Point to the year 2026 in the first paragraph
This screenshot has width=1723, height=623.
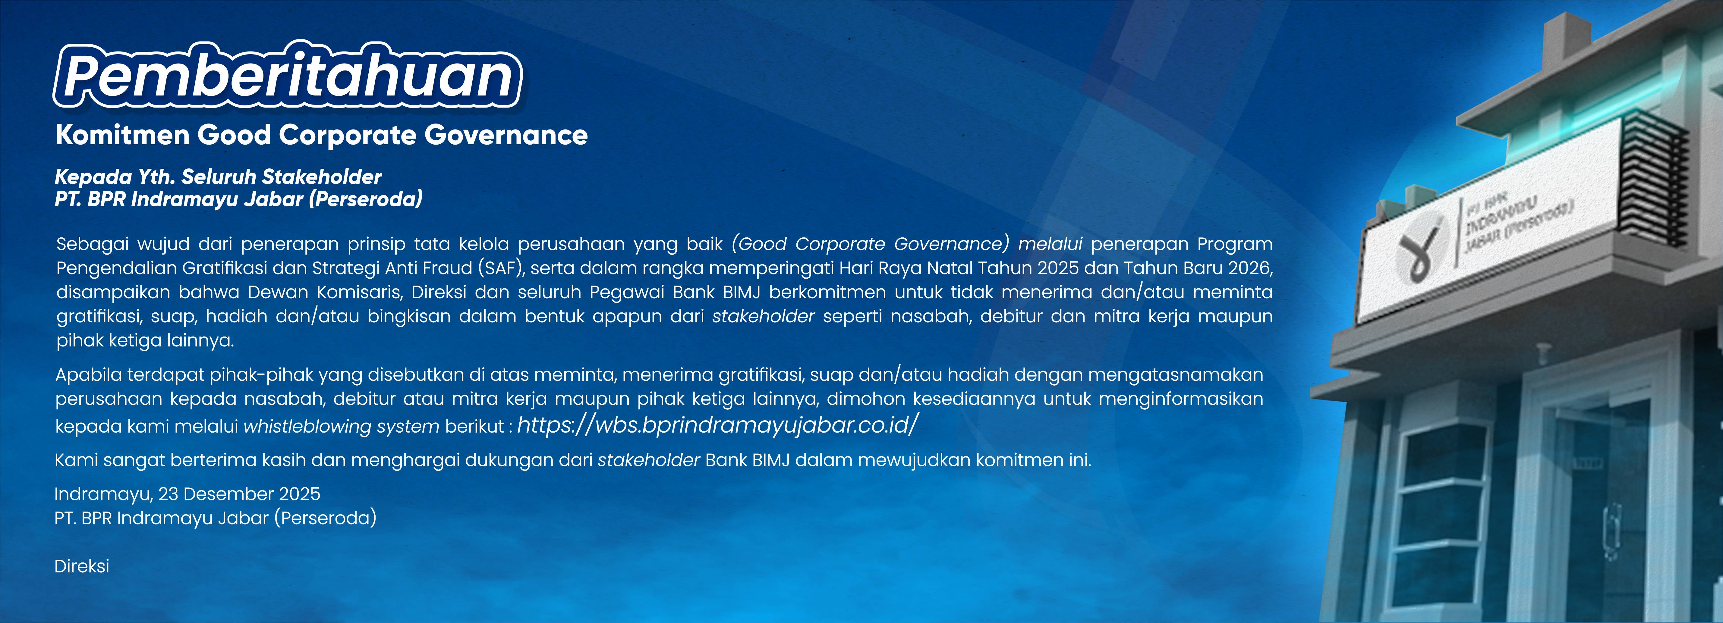click(x=1250, y=268)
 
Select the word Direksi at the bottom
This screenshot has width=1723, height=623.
click(x=82, y=566)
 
